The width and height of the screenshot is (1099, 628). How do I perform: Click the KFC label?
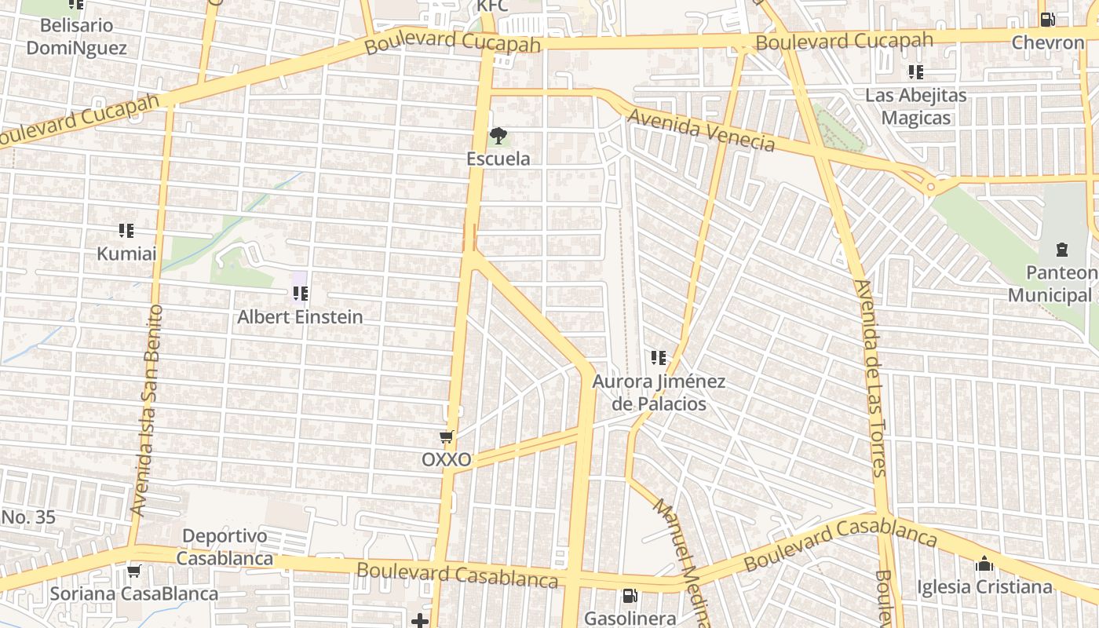point(493,6)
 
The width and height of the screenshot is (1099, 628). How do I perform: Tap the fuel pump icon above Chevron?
point(1046,20)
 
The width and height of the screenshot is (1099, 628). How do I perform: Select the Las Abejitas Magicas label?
point(915,107)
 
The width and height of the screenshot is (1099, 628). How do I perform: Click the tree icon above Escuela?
point(498,136)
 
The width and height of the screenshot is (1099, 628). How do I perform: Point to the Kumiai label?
point(126,254)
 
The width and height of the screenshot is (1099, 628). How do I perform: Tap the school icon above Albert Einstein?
point(300,294)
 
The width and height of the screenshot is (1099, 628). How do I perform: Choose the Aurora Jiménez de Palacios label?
point(658,392)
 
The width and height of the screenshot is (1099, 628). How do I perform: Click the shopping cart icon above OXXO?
point(447,436)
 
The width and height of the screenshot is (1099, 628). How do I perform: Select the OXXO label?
point(447,460)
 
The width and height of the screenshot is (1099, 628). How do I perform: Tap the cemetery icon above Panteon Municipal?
point(1061,250)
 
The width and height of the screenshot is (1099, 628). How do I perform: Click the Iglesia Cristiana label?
point(984,587)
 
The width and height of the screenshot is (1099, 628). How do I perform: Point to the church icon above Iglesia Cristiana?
point(984,564)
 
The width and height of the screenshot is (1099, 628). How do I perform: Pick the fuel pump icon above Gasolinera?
point(630,597)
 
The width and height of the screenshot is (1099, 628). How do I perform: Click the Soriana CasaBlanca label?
point(134,593)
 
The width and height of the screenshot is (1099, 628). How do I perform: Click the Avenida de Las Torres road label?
point(871,377)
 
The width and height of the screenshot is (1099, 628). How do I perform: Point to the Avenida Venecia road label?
point(701,130)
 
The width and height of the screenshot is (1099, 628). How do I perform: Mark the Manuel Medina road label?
point(679,562)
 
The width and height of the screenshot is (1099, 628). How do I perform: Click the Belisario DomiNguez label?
point(76,36)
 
